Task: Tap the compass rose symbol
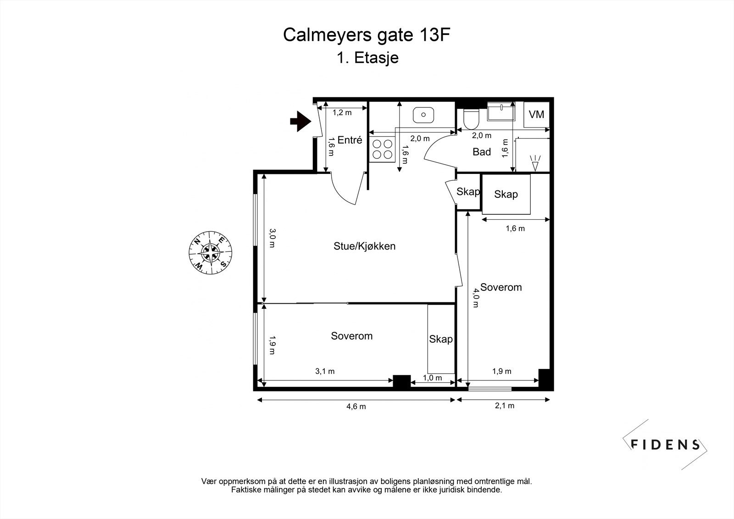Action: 211,252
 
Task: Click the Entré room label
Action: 350,140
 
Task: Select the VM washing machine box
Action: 536,114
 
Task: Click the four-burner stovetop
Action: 383,149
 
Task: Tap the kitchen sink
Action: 423,115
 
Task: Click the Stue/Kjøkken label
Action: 364,246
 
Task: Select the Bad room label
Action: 481,152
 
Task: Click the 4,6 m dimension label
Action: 356,407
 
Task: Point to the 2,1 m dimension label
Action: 505,406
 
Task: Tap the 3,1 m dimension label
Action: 325,371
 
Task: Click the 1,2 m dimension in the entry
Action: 342,112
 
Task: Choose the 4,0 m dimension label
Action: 475,298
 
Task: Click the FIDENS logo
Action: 665,445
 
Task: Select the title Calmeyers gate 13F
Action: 367,35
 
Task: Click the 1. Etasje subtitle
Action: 367,58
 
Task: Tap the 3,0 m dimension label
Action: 272,238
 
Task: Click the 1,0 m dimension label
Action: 432,378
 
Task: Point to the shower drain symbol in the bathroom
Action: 535,163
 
